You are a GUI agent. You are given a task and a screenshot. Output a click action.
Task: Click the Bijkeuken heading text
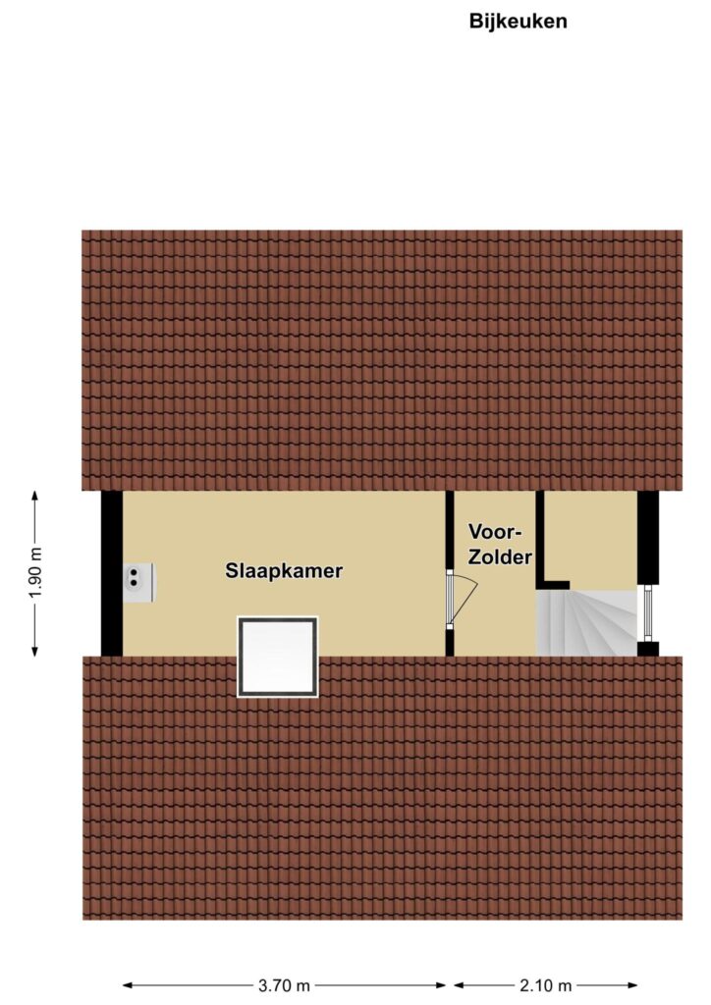click(x=518, y=22)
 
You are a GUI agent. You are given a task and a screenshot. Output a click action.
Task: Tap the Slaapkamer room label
click(x=284, y=570)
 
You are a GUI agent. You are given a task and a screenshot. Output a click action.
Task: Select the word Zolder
click(x=500, y=557)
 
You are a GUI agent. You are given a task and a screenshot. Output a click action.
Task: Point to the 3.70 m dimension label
click(x=284, y=985)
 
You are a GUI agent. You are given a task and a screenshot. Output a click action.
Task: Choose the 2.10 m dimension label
click(x=546, y=985)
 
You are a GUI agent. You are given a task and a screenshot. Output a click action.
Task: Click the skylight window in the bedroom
click(x=278, y=657)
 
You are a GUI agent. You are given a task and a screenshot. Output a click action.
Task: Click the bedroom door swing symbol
click(x=463, y=601)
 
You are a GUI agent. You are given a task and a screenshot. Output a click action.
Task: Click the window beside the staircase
click(x=647, y=612)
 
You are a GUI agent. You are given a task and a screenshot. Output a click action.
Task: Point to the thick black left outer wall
click(x=112, y=573)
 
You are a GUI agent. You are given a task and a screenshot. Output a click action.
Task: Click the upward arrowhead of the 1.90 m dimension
click(x=34, y=496)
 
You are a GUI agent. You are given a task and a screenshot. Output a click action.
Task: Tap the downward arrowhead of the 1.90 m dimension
click(x=34, y=652)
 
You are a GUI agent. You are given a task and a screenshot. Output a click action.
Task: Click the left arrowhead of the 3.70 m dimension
click(x=129, y=985)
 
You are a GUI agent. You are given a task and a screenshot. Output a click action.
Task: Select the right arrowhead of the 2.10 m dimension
click(x=632, y=985)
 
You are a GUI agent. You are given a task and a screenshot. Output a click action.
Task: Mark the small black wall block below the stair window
click(x=647, y=649)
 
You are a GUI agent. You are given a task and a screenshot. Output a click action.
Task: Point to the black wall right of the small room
click(x=647, y=538)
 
